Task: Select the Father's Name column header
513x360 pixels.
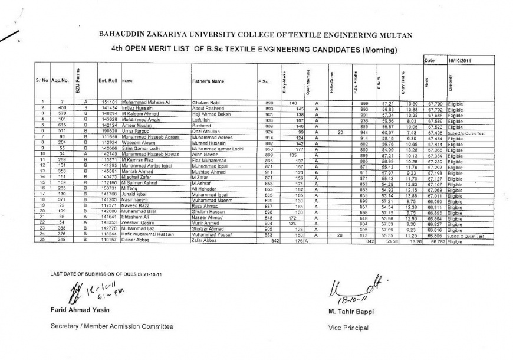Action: pyautogui.click(x=208, y=80)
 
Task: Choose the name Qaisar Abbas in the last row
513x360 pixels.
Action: pyautogui.click(x=135, y=241)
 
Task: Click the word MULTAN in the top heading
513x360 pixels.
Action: pyautogui.click(x=405, y=35)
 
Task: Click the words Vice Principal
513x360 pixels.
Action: pyautogui.click(x=349, y=327)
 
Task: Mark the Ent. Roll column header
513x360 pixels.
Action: pyautogui.click(x=107, y=80)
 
